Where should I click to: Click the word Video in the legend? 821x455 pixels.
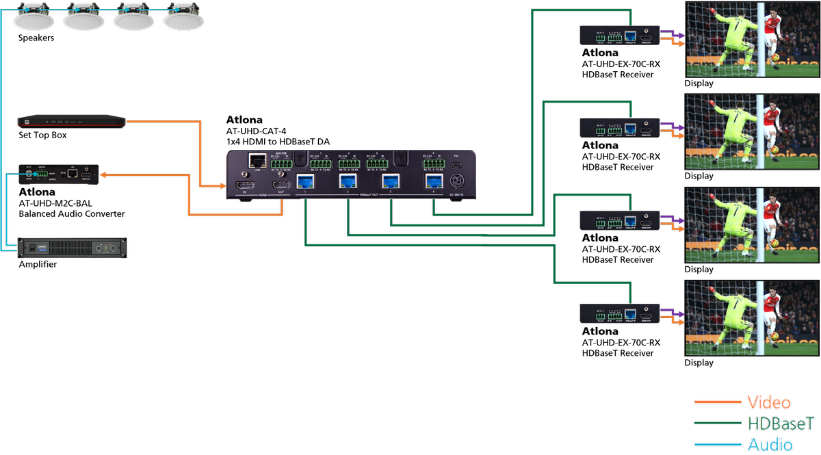click(x=769, y=402)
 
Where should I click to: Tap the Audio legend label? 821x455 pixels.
click(x=770, y=445)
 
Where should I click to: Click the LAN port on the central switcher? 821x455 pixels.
click(x=258, y=161)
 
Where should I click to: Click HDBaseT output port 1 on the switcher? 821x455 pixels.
click(x=304, y=181)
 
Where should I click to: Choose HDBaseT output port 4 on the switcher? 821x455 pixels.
click(x=434, y=181)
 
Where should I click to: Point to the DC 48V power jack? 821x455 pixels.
click(x=457, y=182)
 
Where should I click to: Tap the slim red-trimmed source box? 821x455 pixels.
click(x=72, y=122)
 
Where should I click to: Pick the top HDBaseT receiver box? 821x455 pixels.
click(x=619, y=36)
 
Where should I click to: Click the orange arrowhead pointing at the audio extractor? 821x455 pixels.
click(x=104, y=175)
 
